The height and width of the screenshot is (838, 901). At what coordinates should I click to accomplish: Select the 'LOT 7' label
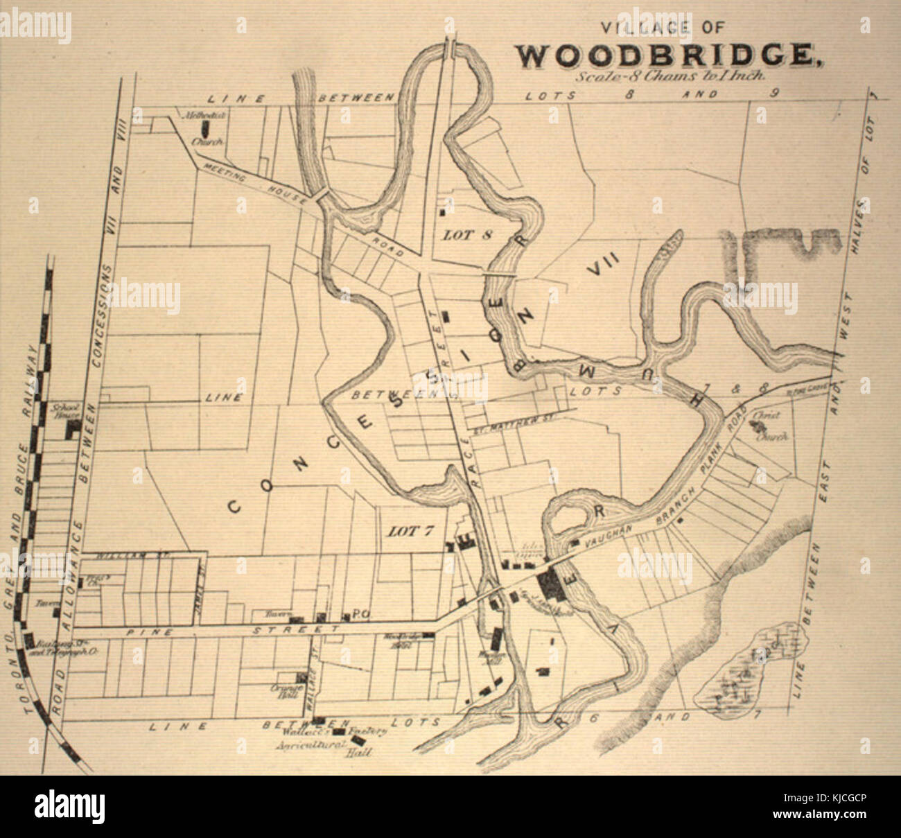coord(410,532)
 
